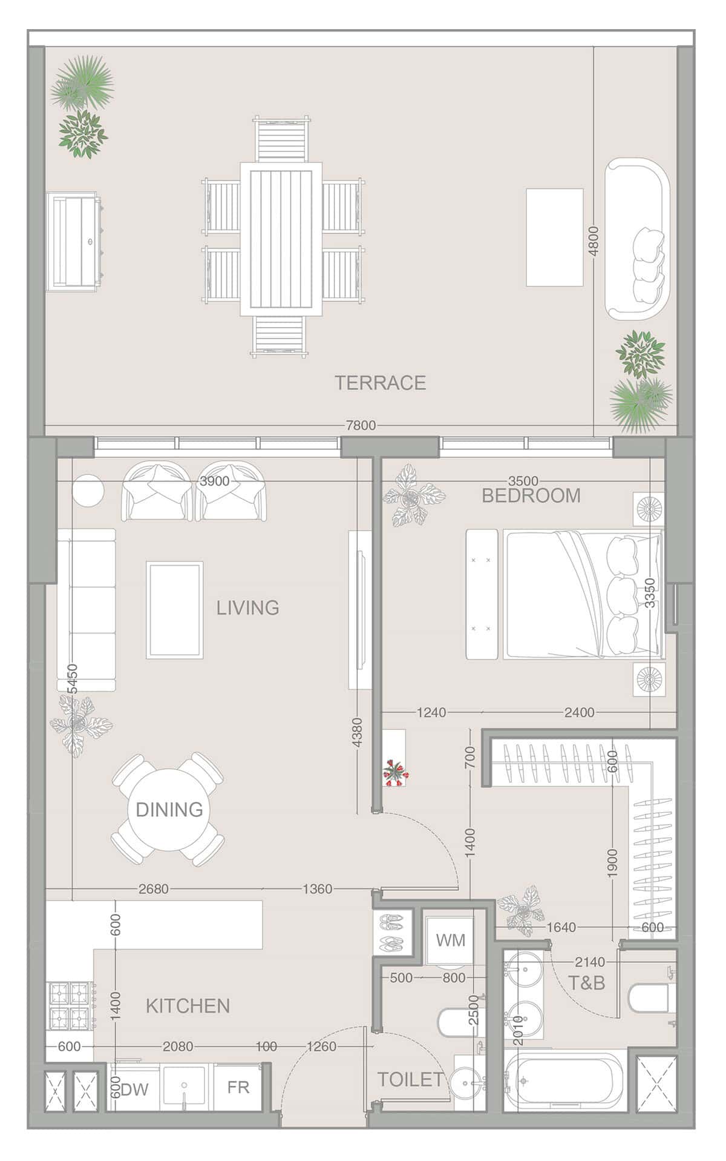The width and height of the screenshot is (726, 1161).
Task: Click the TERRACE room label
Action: point(381,383)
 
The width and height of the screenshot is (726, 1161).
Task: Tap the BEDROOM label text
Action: point(531,496)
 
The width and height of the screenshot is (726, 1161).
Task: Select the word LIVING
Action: point(248,607)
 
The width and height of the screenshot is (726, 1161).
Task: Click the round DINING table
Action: point(169,809)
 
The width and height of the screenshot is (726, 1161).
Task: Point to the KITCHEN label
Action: point(188,1006)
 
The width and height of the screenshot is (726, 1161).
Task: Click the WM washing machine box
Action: point(450,941)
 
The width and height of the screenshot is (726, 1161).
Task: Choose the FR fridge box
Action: point(238,1087)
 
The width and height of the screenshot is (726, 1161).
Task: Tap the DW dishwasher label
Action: point(134,1090)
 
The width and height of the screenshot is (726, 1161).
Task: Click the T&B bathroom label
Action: point(587,982)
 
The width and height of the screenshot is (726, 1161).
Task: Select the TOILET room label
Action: point(410,1079)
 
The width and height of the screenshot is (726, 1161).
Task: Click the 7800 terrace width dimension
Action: point(361,425)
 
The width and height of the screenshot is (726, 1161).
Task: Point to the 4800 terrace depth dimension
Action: point(594,241)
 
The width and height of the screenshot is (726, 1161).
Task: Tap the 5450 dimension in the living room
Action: point(72,679)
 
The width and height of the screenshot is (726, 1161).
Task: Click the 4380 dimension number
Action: point(357,732)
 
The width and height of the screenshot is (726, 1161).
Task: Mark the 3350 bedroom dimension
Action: point(650,594)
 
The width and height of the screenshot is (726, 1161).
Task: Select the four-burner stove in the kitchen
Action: point(70,1006)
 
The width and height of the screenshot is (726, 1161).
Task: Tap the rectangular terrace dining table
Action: point(281,239)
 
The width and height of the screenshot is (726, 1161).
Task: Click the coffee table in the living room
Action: point(175,610)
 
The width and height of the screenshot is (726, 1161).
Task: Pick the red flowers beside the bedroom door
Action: point(396,772)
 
